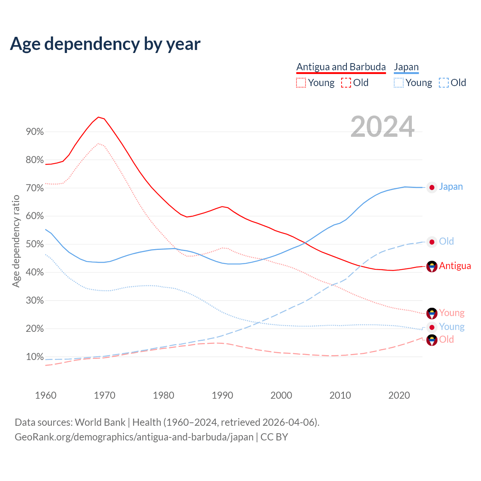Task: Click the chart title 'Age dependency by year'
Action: pyautogui.click(x=105, y=44)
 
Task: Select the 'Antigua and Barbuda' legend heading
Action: pyautogui.click(x=341, y=67)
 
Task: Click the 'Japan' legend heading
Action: pyautogui.click(x=406, y=67)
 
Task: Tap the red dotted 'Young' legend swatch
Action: pyautogui.click(x=301, y=83)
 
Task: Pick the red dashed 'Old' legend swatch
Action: pyautogui.click(x=346, y=83)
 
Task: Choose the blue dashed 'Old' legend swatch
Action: pyautogui.click(x=444, y=83)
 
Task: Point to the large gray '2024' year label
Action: pyautogui.click(x=383, y=127)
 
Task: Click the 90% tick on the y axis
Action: pyautogui.click(x=35, y=132)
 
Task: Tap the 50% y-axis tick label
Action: pyautogui.click(x=35, y=244)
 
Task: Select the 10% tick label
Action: pyautogui.click(x=35, y=357)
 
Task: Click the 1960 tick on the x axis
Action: pyautogui.click(x=45, y=395)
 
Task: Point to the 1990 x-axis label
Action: pyautogui.click(x=222, y=395)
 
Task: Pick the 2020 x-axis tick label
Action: pyautogui.click(x=399, y=395)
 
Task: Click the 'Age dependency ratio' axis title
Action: pyautogui.click(x=16, y=241)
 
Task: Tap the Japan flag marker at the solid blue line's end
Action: pyautogui.click(x=432, y=187)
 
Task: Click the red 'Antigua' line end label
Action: pyautogui.click(x=455, y=266)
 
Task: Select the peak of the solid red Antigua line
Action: pyautogui.click(x=98, y=117)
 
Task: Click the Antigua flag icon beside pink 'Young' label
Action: pyautogui.click(x=432, y=313)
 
